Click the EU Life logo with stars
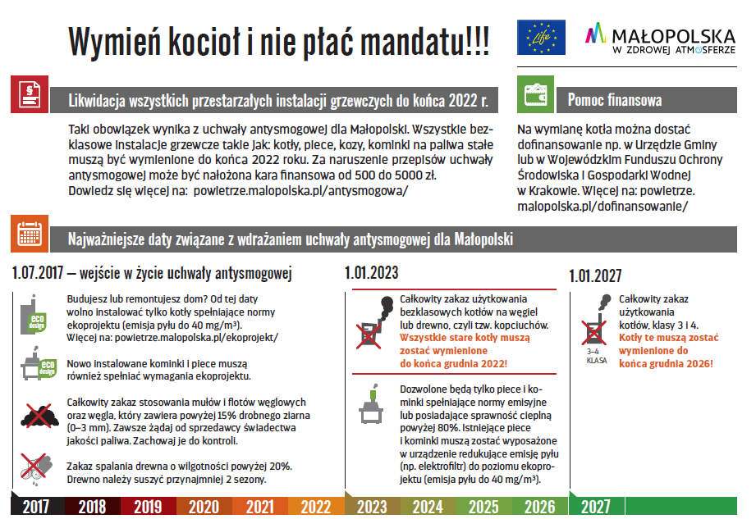click(x=541, y=38)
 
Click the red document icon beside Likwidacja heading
click(x=30, y=95)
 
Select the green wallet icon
click(x=534, y=95)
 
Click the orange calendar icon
click(x=30, y=235)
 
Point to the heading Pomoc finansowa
click(x=614, y=101)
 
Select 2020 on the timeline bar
click(x=204, y=507)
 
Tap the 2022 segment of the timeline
click(x=315, y=507)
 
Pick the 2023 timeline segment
click(x=373, y=507)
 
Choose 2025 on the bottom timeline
click(x=483, y=507)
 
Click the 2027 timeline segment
click(x=595, y=507)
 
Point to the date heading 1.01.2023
click(x=372, y=273)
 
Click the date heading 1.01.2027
click(x=595, y=276)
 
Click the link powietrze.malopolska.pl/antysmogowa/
click(x=300, y=190)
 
